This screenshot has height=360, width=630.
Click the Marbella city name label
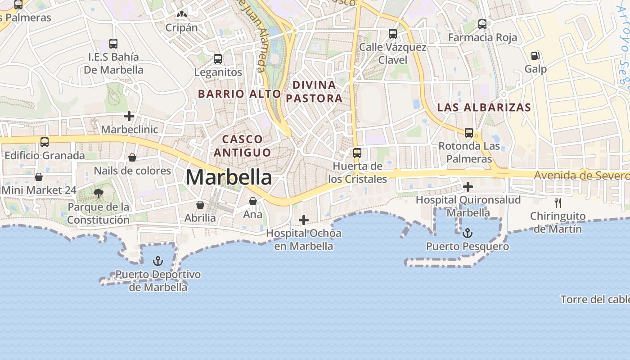click(229, 177)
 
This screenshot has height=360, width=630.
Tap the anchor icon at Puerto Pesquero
click(468, 233)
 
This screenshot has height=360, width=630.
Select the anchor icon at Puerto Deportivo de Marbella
click(157, 261)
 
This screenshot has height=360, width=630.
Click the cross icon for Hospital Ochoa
click(304, 220)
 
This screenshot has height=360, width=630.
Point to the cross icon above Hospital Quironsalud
click(468, 186)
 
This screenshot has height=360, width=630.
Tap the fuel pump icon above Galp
click(535, 56)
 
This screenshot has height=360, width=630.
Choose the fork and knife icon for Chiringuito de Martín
click(558, 203)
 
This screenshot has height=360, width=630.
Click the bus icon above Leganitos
click(218, 59)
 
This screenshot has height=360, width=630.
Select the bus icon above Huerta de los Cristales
click(357, 153)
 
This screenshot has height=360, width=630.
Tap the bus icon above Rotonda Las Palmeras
click(469, 133)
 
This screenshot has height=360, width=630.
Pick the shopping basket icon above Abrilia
click(200, 205)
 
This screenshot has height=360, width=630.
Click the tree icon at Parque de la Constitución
click(98, 194)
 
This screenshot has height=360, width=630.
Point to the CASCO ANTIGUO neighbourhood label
click(242, 145)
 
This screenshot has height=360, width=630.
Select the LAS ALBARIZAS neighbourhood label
click(484, 108)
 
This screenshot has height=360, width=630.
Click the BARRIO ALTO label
click(239, 94)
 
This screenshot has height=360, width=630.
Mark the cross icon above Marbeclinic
click(129, 117)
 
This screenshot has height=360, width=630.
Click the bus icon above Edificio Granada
click(45, 142)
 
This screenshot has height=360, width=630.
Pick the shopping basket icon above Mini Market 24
click(39, 177)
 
